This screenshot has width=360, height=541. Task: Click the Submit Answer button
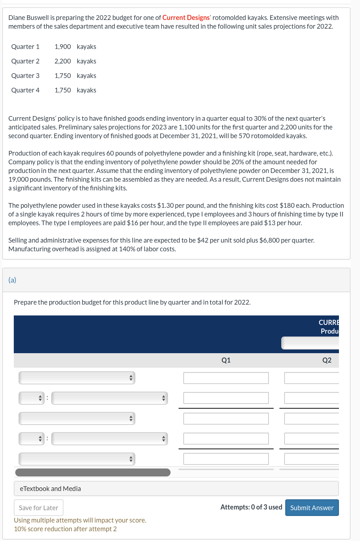312,508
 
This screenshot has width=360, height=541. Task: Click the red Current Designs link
186,18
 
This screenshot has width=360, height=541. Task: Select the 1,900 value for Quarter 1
63,47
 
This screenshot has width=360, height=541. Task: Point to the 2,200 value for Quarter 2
63,61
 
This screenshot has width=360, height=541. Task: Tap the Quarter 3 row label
25,76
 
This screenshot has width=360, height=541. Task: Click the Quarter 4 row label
25,90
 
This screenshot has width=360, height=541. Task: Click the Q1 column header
226,360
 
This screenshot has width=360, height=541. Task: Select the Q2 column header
327,360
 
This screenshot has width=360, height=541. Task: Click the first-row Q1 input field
226,378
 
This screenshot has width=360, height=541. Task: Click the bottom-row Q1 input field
226,459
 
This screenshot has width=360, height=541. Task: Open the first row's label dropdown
77,378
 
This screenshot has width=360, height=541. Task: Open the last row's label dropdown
77,459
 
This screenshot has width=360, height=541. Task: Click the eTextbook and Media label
50,489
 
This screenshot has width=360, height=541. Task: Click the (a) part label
12,280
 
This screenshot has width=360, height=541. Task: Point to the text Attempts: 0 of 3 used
251,507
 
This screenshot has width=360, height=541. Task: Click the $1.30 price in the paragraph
165,206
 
